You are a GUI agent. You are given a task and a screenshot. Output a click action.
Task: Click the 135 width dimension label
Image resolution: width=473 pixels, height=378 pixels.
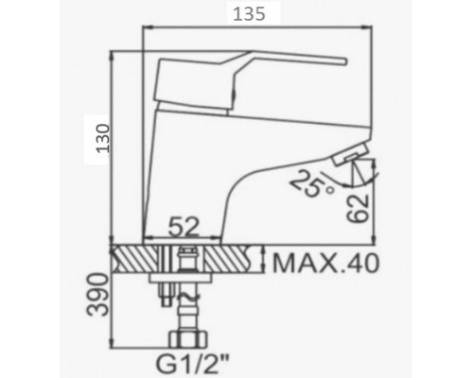pos(249,14)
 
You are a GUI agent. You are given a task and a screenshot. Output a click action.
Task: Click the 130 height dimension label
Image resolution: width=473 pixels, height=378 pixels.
pos(104,139)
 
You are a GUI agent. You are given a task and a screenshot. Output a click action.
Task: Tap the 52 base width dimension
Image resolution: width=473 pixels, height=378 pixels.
pos(184,227)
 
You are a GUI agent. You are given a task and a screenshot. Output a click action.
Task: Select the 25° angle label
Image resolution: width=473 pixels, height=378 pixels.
pos(311,183)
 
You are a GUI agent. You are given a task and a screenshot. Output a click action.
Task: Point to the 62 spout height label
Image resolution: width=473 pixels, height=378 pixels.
pos(358,209)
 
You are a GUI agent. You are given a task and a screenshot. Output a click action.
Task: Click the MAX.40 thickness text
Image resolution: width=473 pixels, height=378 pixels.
pos(325,264)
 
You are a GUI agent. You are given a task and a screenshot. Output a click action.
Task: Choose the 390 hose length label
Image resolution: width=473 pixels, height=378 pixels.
pos(97,295)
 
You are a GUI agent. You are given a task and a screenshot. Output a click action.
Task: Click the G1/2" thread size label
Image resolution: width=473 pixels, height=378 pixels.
pos(192,364)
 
